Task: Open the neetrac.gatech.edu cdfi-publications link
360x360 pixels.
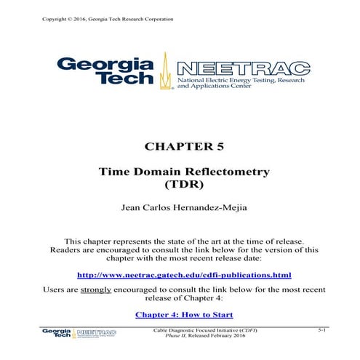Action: click(184, 275)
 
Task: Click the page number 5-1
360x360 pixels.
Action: click(323, 330)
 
